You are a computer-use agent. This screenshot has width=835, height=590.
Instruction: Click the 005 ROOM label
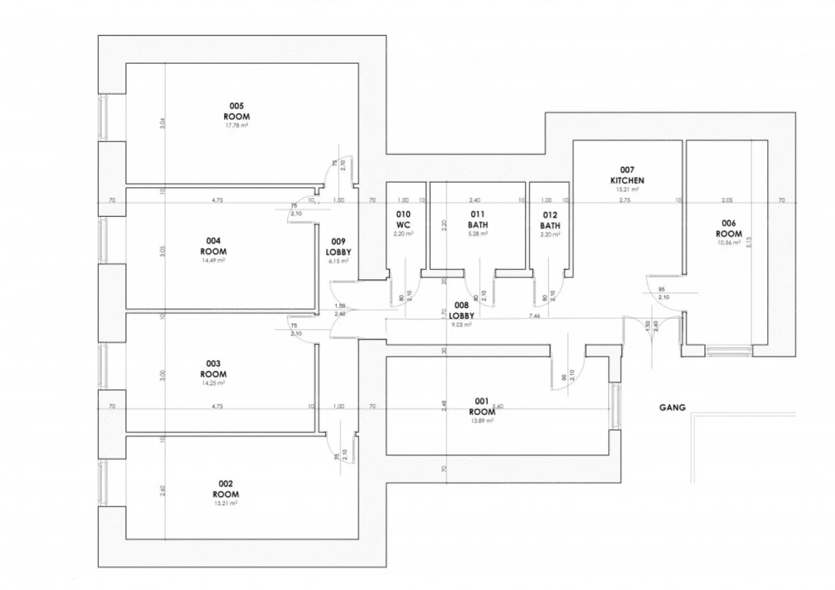237,111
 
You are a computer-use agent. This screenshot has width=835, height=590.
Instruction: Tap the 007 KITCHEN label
627,175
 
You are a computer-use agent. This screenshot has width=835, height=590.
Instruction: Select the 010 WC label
403,220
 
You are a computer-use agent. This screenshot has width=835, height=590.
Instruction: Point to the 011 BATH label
478,220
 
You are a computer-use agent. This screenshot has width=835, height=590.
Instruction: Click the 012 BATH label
550,220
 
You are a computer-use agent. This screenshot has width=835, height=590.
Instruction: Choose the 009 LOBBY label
338,247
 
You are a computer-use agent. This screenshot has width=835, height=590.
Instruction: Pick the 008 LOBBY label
461,310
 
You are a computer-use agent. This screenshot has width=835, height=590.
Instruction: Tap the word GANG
672,408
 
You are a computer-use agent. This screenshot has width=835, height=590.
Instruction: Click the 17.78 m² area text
237,126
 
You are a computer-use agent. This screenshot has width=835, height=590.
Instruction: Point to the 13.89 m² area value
482,421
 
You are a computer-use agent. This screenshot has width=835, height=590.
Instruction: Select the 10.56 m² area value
729,243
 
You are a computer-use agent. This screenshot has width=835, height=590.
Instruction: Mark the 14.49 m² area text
213,260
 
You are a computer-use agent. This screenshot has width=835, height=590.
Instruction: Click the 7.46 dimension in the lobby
534,316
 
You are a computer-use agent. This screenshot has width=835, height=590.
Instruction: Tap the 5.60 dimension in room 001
498,407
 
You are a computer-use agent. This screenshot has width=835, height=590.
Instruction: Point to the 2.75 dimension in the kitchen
625,200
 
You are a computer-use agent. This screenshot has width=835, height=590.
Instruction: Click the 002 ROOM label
226,489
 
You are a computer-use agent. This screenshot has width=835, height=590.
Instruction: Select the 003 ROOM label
213,369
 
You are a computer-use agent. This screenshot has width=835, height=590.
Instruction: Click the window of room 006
729,350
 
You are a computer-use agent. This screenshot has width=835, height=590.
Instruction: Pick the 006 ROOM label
729,229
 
